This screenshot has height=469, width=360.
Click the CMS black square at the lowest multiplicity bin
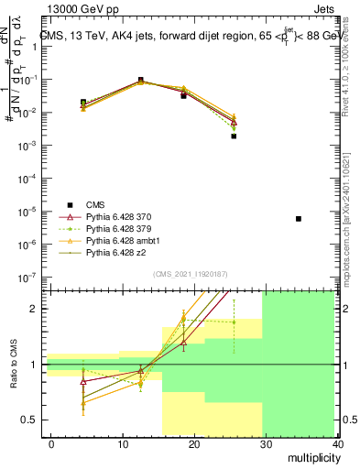tap(83, 103)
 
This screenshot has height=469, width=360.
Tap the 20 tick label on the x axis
tap(194, 443)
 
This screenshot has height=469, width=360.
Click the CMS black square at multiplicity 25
tap(234, 136)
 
